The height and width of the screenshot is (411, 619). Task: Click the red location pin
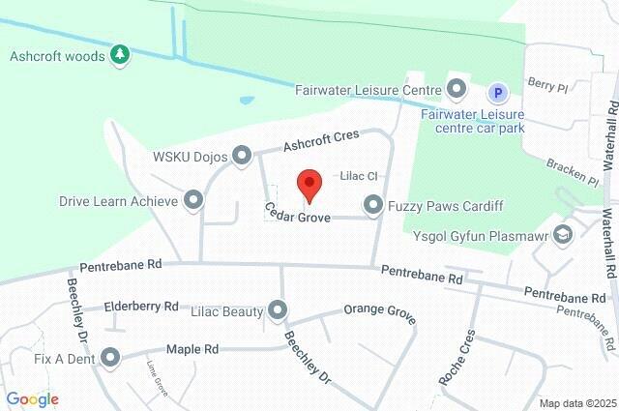click(x=309, y=184)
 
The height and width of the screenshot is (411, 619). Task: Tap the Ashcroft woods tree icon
click(x=120, y=55)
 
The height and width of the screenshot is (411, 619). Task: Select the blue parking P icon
click(x=497, y=92)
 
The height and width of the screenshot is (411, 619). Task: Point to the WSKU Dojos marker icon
click(x=242, y=155)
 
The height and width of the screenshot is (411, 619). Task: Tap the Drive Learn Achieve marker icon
click(x=193, y=200)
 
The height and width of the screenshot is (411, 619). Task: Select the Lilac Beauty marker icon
click(x=279, y=310)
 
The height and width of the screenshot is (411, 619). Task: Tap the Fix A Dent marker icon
click(x=109, y=358)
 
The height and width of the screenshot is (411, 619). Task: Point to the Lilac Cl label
click(x=357, y=177)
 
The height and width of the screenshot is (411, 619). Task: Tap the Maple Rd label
click(x=192, y=349)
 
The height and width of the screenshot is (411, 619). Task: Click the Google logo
click(x=32, y=399)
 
